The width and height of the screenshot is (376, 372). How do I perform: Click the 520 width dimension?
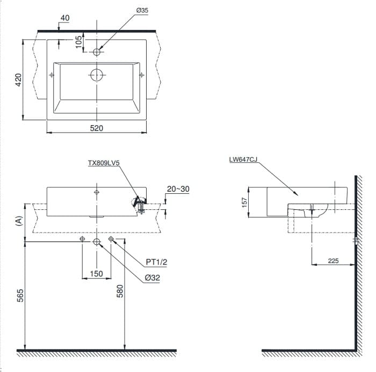click(96, 128)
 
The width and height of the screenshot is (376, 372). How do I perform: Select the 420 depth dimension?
click(18, 81)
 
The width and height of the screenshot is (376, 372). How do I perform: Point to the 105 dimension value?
click(79, 42)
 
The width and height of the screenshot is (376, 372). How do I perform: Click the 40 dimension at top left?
click(65, 18)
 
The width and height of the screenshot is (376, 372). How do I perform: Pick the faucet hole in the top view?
click(97, 52)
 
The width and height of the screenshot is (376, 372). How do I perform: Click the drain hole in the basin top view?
click(96, 75)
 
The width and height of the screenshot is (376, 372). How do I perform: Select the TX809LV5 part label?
click(104, 162)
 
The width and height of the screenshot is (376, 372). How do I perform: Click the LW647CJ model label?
click(243, 159)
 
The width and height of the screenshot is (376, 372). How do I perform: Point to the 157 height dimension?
click(244, 202)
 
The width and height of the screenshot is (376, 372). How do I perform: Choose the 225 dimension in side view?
click(333, 261)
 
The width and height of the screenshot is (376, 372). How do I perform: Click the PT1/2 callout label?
click(157, 262)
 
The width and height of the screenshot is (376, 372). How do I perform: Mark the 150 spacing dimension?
click(96, 274)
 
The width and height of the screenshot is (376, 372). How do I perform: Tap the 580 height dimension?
click(120, 290)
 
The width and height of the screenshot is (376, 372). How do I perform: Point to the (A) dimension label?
click(19, 220)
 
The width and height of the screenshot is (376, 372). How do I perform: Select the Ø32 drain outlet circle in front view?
click(97, 242)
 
